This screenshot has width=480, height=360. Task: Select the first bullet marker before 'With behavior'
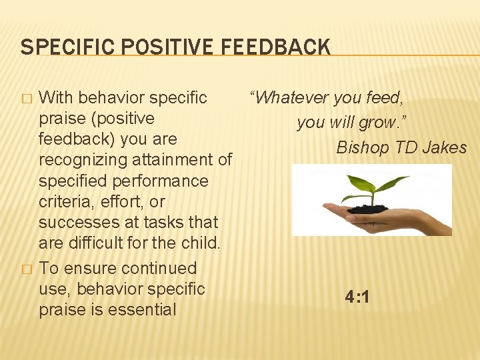(x=27, y=99)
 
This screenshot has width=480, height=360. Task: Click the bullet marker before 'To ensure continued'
(x=27, y=269)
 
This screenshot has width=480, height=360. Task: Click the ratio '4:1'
(x=357, y=297)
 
